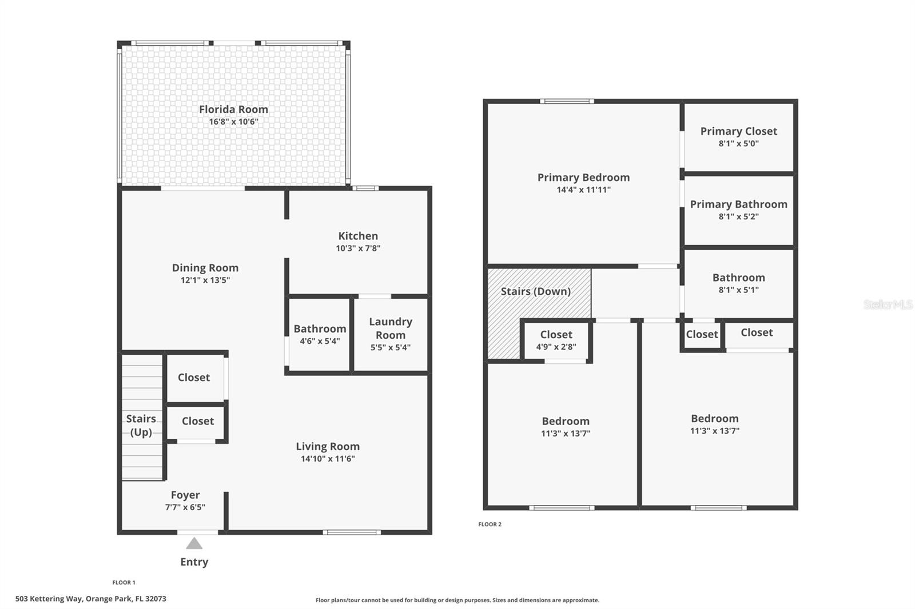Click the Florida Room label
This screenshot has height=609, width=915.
click(233, 109)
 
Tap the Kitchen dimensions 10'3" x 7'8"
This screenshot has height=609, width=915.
click(358, 249)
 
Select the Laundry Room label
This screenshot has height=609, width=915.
click(391, 328)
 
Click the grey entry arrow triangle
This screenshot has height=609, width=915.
click(194, 543)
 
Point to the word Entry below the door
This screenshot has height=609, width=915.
click(194, 562)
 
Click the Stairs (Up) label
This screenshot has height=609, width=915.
click(141, 426)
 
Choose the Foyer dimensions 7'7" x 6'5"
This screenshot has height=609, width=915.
click(185, 507)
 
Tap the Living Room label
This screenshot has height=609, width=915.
click(328, 446)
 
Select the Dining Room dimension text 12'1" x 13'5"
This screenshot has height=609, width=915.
click(205, 281)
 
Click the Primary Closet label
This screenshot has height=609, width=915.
click(738, 131)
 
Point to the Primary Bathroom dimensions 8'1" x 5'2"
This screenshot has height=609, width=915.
click(738, 217)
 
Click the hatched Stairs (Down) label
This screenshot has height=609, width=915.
click(535, 291)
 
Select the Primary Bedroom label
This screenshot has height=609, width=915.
click(583, 177)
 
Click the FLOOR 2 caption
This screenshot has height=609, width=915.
click(490, 524)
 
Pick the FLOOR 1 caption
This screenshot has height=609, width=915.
click(124, 583)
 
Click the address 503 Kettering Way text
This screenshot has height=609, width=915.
click(91, 599)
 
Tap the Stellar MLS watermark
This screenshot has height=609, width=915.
click(888, 304)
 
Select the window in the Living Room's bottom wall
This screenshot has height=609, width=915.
click(352, 532)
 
